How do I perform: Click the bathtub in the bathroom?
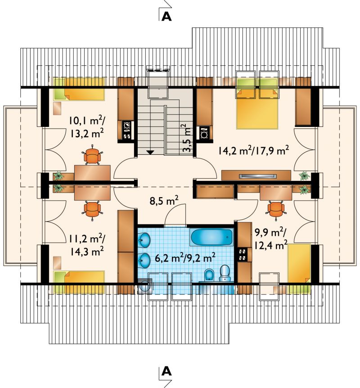pos(212,237)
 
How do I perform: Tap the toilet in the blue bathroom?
pos(225,273)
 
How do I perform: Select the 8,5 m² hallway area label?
pos(164,201)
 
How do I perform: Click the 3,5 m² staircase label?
pos(188,138)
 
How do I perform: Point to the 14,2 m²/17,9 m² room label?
pos(254,150)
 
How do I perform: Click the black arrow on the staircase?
pos(150,152)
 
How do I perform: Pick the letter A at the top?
pos(166,16)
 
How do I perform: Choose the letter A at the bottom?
pos(166,371)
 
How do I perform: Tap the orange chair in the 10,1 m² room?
pos(92,155)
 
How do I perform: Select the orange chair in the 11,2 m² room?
pos(92,210)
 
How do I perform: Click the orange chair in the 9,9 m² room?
pos(276,210)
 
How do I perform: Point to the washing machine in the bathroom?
pos(145,286)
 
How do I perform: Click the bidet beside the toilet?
pos(209,275)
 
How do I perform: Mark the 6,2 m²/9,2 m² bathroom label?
pos(185,258)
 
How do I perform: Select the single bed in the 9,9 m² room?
pos(299,268)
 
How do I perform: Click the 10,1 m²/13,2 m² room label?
pos(86,127)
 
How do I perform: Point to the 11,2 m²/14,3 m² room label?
pos(86,245)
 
